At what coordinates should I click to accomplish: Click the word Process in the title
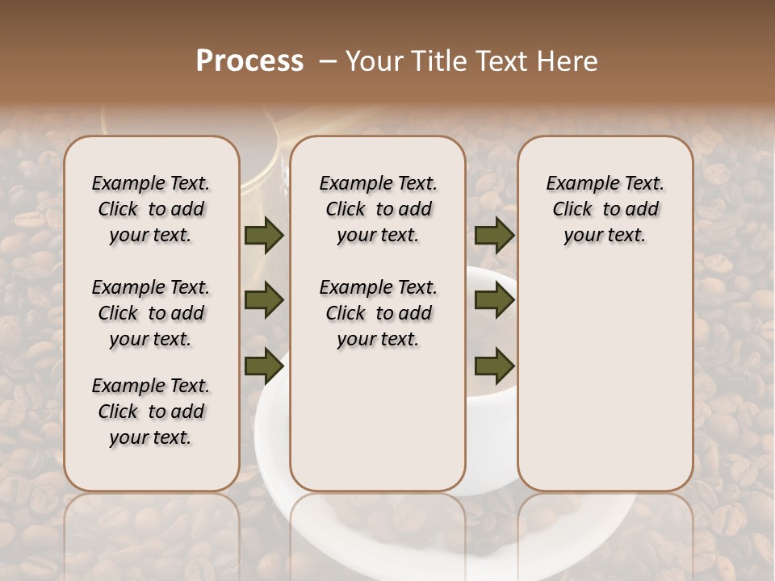249,61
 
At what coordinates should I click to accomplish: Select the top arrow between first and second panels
264,236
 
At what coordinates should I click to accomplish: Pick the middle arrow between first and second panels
264,300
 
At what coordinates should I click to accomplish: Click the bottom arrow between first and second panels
264,365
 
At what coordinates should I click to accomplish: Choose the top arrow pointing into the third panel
495,236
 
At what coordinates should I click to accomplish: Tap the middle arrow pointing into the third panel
495,300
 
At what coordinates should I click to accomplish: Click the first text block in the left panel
151,209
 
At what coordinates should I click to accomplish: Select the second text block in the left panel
151,313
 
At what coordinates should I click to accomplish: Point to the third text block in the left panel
151,412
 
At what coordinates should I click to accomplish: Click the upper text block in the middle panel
378,209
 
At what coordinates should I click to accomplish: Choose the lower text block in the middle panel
378,313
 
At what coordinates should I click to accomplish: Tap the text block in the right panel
605,209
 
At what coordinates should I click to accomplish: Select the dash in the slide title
328,61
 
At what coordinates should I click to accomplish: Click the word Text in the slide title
498,61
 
